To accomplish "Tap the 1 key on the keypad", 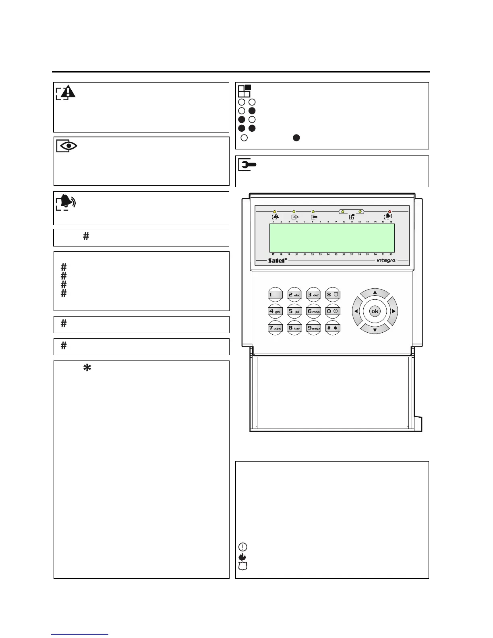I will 275,294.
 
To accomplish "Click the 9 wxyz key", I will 314,328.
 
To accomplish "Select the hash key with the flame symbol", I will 333,328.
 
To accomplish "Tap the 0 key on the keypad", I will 333,311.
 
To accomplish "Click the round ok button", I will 375,311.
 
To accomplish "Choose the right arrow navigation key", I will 394,311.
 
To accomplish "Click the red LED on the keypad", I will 389,211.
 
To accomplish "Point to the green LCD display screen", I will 331,238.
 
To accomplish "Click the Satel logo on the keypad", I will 278,260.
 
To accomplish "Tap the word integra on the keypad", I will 385,260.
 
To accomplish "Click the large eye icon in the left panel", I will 67,146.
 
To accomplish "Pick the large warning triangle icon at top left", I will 66,92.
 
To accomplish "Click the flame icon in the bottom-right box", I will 243,556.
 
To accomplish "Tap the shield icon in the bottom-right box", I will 243,565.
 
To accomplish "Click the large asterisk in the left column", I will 86,367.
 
